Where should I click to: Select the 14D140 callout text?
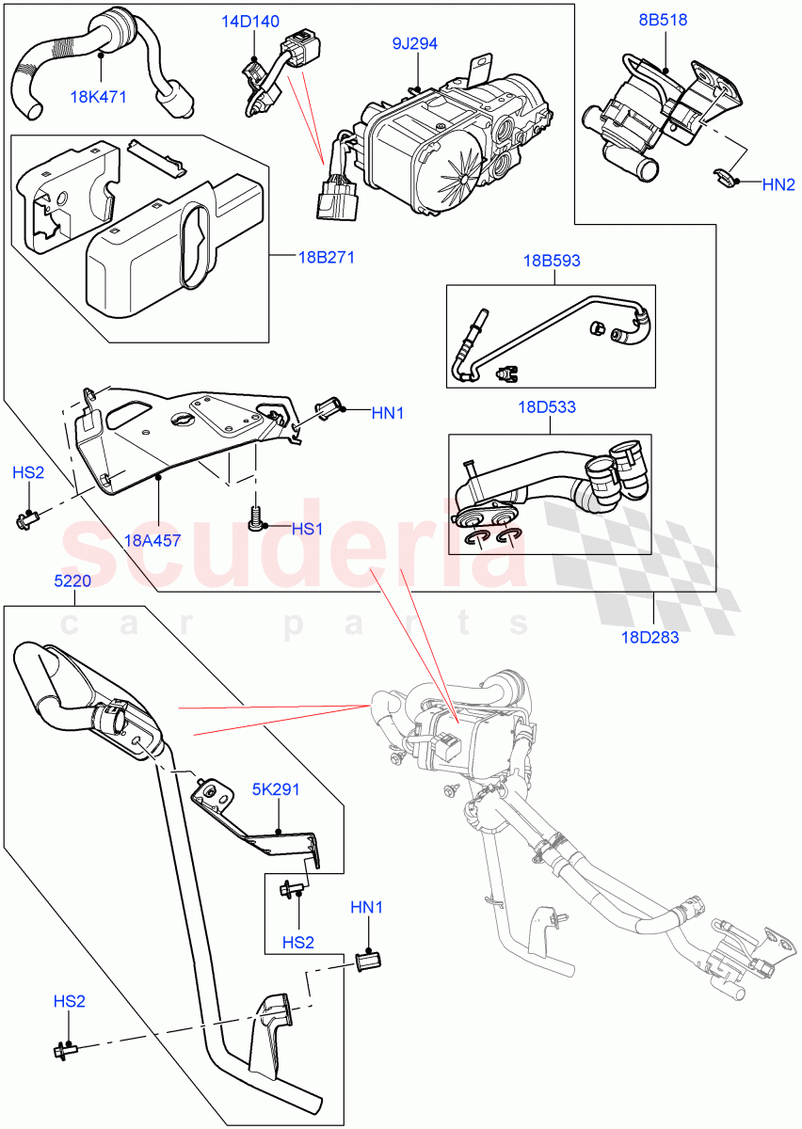pyautogui.click(x=250, y=23)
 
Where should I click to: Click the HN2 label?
pyautogui.click(x=778, y=185)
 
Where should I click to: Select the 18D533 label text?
pyautogui.click(x=547, y=407)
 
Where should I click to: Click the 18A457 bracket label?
pyautogui.click(x=152, y=540)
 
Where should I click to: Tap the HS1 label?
pyautogui.click(x=307, y=530)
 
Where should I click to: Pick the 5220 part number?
pyautogui.click(x=72, y=581)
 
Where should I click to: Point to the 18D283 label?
pyautogui.click(x=649, y=637)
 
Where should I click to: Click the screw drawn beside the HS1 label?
pyautogui.click(x=254, y=516)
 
